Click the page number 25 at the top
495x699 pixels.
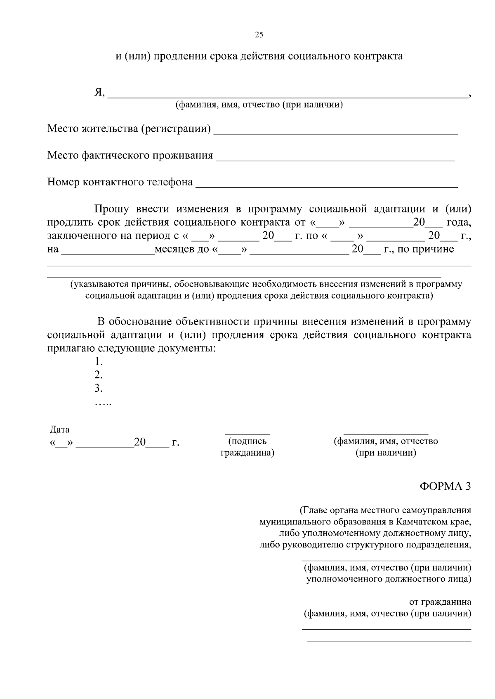259,35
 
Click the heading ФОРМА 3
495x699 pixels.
445,486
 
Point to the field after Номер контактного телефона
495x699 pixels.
326,187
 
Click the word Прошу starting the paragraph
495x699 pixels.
112,209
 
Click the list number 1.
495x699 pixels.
98,362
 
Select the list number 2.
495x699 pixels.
98,375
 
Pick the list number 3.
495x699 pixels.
98,388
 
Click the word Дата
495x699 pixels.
59,430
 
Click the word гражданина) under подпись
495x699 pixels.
247,453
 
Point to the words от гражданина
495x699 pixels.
440,602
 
